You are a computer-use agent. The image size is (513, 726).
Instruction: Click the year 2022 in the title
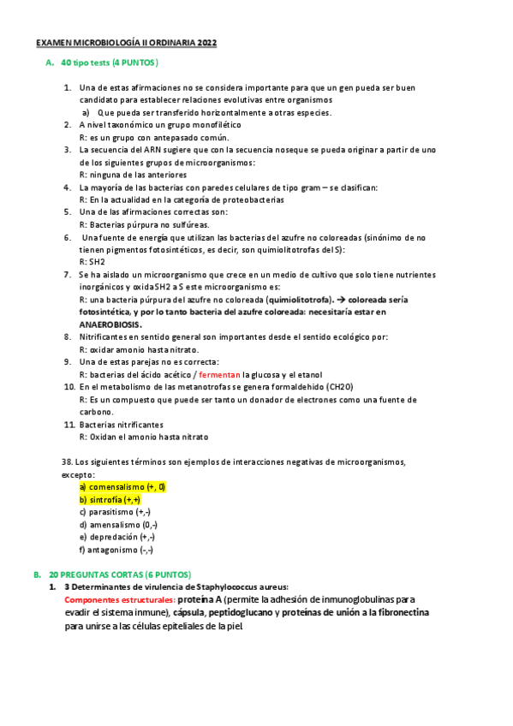pos(206,43)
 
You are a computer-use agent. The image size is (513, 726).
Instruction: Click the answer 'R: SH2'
pos(91,261)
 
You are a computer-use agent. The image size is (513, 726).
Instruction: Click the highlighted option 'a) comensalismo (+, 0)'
pos(122,486)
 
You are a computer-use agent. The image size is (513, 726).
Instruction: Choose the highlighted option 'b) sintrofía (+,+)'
pos(110,499)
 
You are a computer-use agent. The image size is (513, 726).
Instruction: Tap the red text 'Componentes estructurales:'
pos(119,600)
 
